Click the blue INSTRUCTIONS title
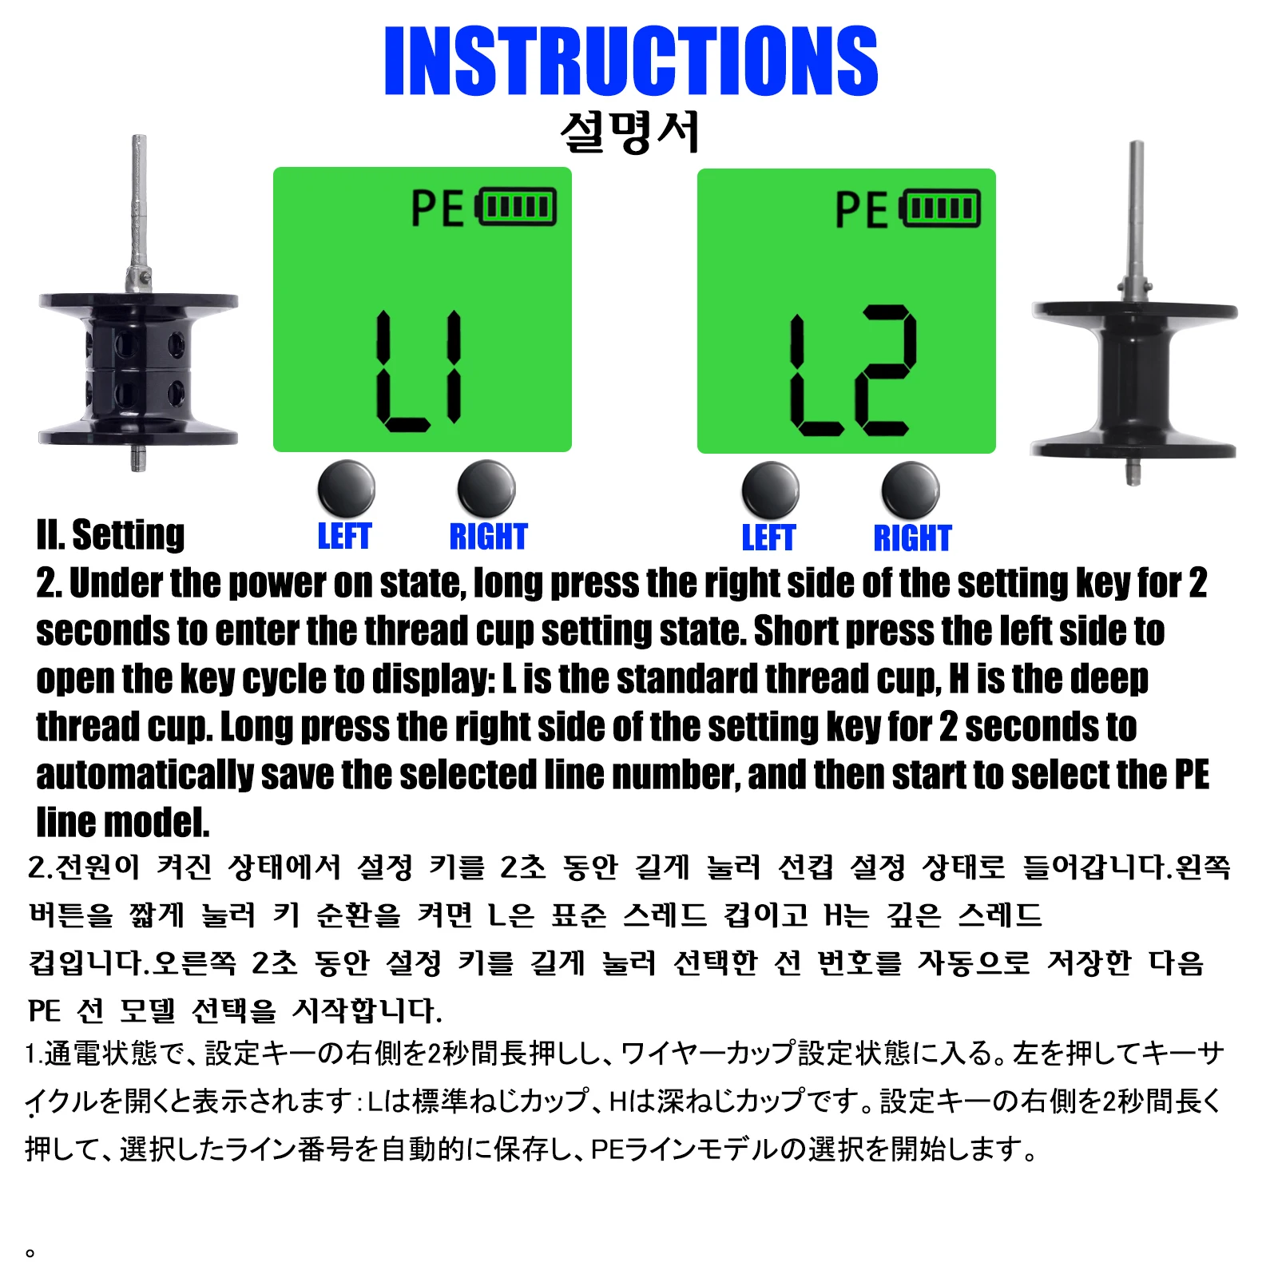[631, 61]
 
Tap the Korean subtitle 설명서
[630, 132]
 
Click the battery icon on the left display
[516, 208]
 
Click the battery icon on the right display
[940, 209]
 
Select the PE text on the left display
[437, 208]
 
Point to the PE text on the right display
[861, 210]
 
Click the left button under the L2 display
[770, 490]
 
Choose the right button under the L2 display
[911, 490]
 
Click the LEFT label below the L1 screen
[344, 536]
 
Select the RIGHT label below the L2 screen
[912, 538]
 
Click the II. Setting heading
[110, 534]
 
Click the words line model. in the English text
[123, 822]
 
